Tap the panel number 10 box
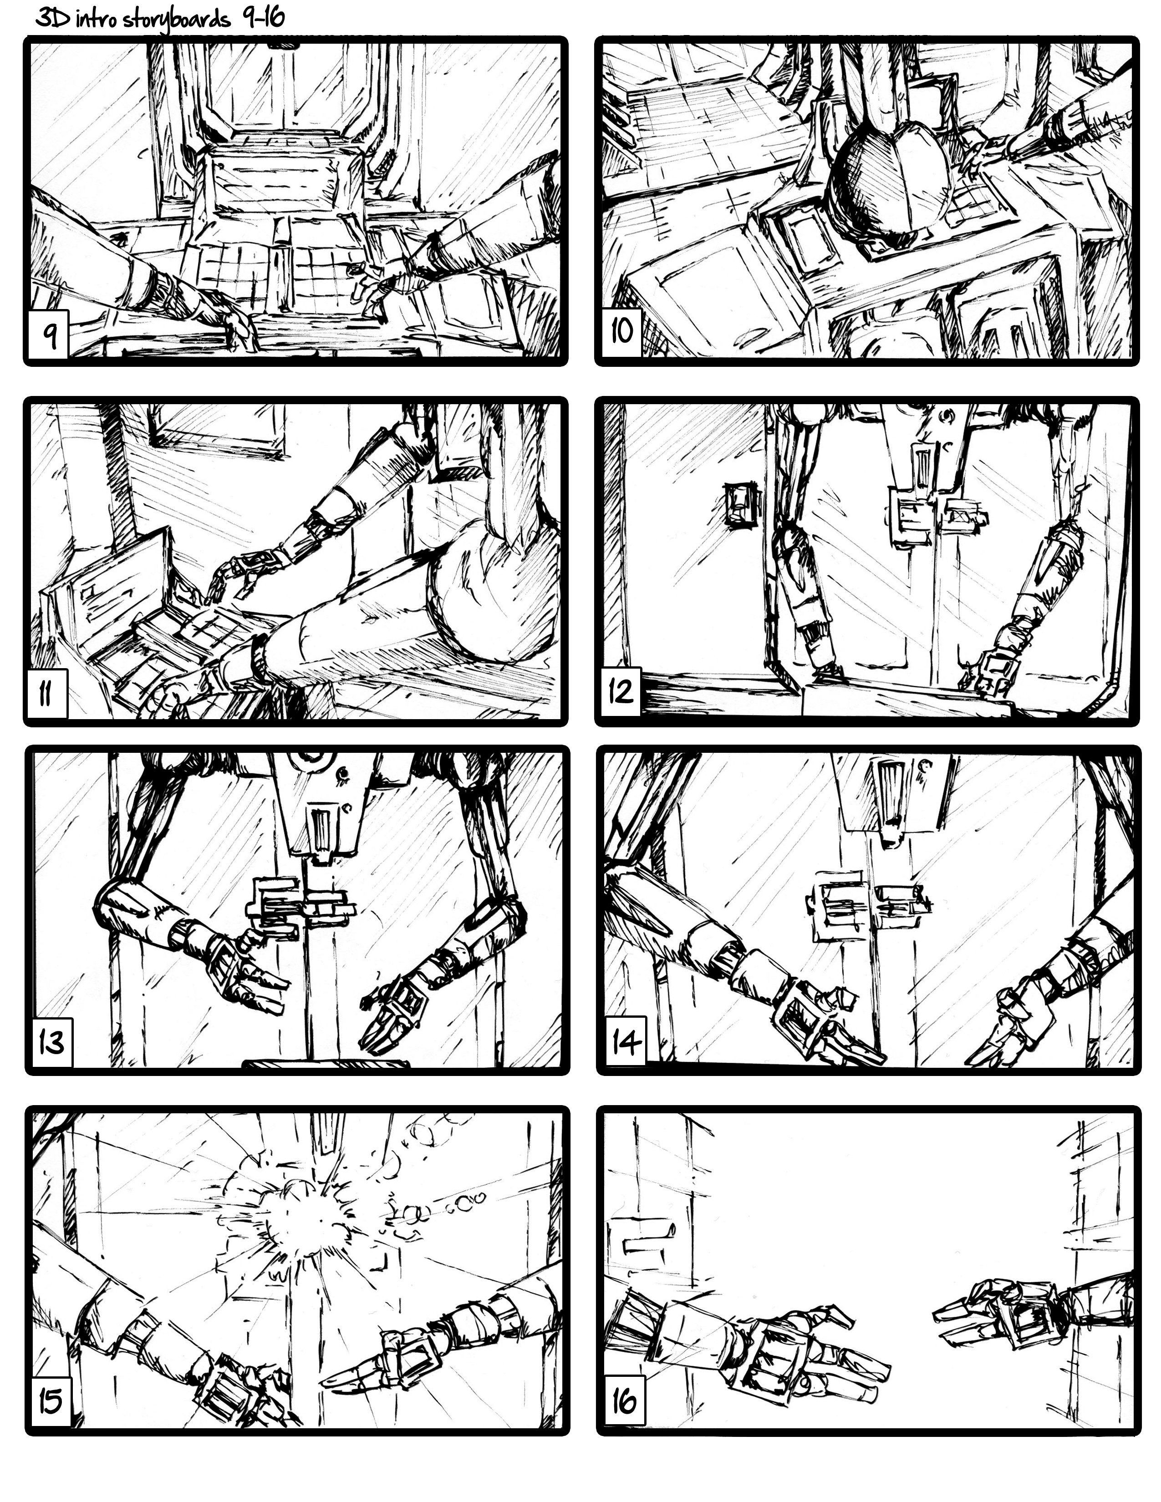[x=621, y=333]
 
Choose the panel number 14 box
[x=623, y=1043]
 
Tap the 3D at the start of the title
[x=51, y=19]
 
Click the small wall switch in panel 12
[x=741, y=506]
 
